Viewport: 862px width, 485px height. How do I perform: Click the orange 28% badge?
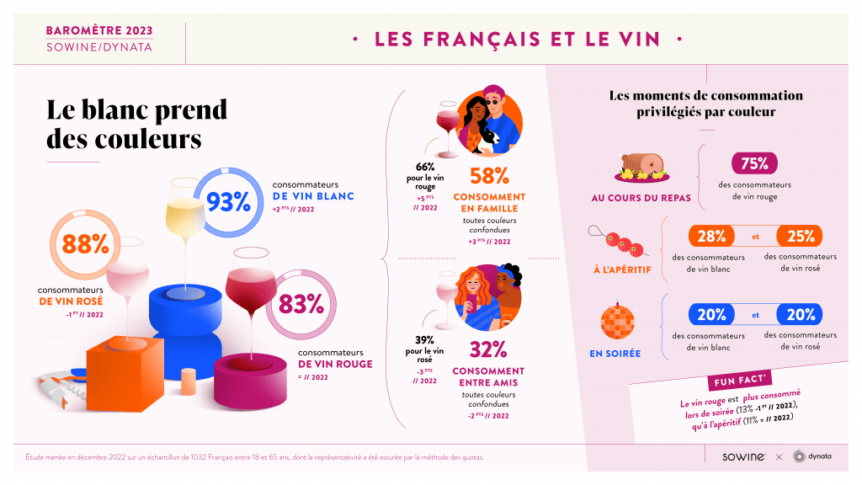pyautogui.click(x=711, y=236)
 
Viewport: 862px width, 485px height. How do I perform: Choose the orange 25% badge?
pyautogui.click(x=801, y=236)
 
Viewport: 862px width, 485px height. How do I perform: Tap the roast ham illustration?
pyautogui.click(x=644, y=166)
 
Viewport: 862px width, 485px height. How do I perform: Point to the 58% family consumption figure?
pyautogui.click(x=489, y=176)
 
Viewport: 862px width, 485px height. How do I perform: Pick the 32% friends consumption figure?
pyautogui.click(x=488, y=349)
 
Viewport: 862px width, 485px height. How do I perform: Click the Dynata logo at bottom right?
pyautogui.click(x=812, y=456)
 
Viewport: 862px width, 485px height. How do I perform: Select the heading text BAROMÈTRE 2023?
pyautogui.click(x=99, y=30)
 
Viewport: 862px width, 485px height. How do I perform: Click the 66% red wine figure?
pyautogui.click(x=424, y=166)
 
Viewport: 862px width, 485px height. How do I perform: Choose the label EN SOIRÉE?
pyautogui.click(x=615, y=354)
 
